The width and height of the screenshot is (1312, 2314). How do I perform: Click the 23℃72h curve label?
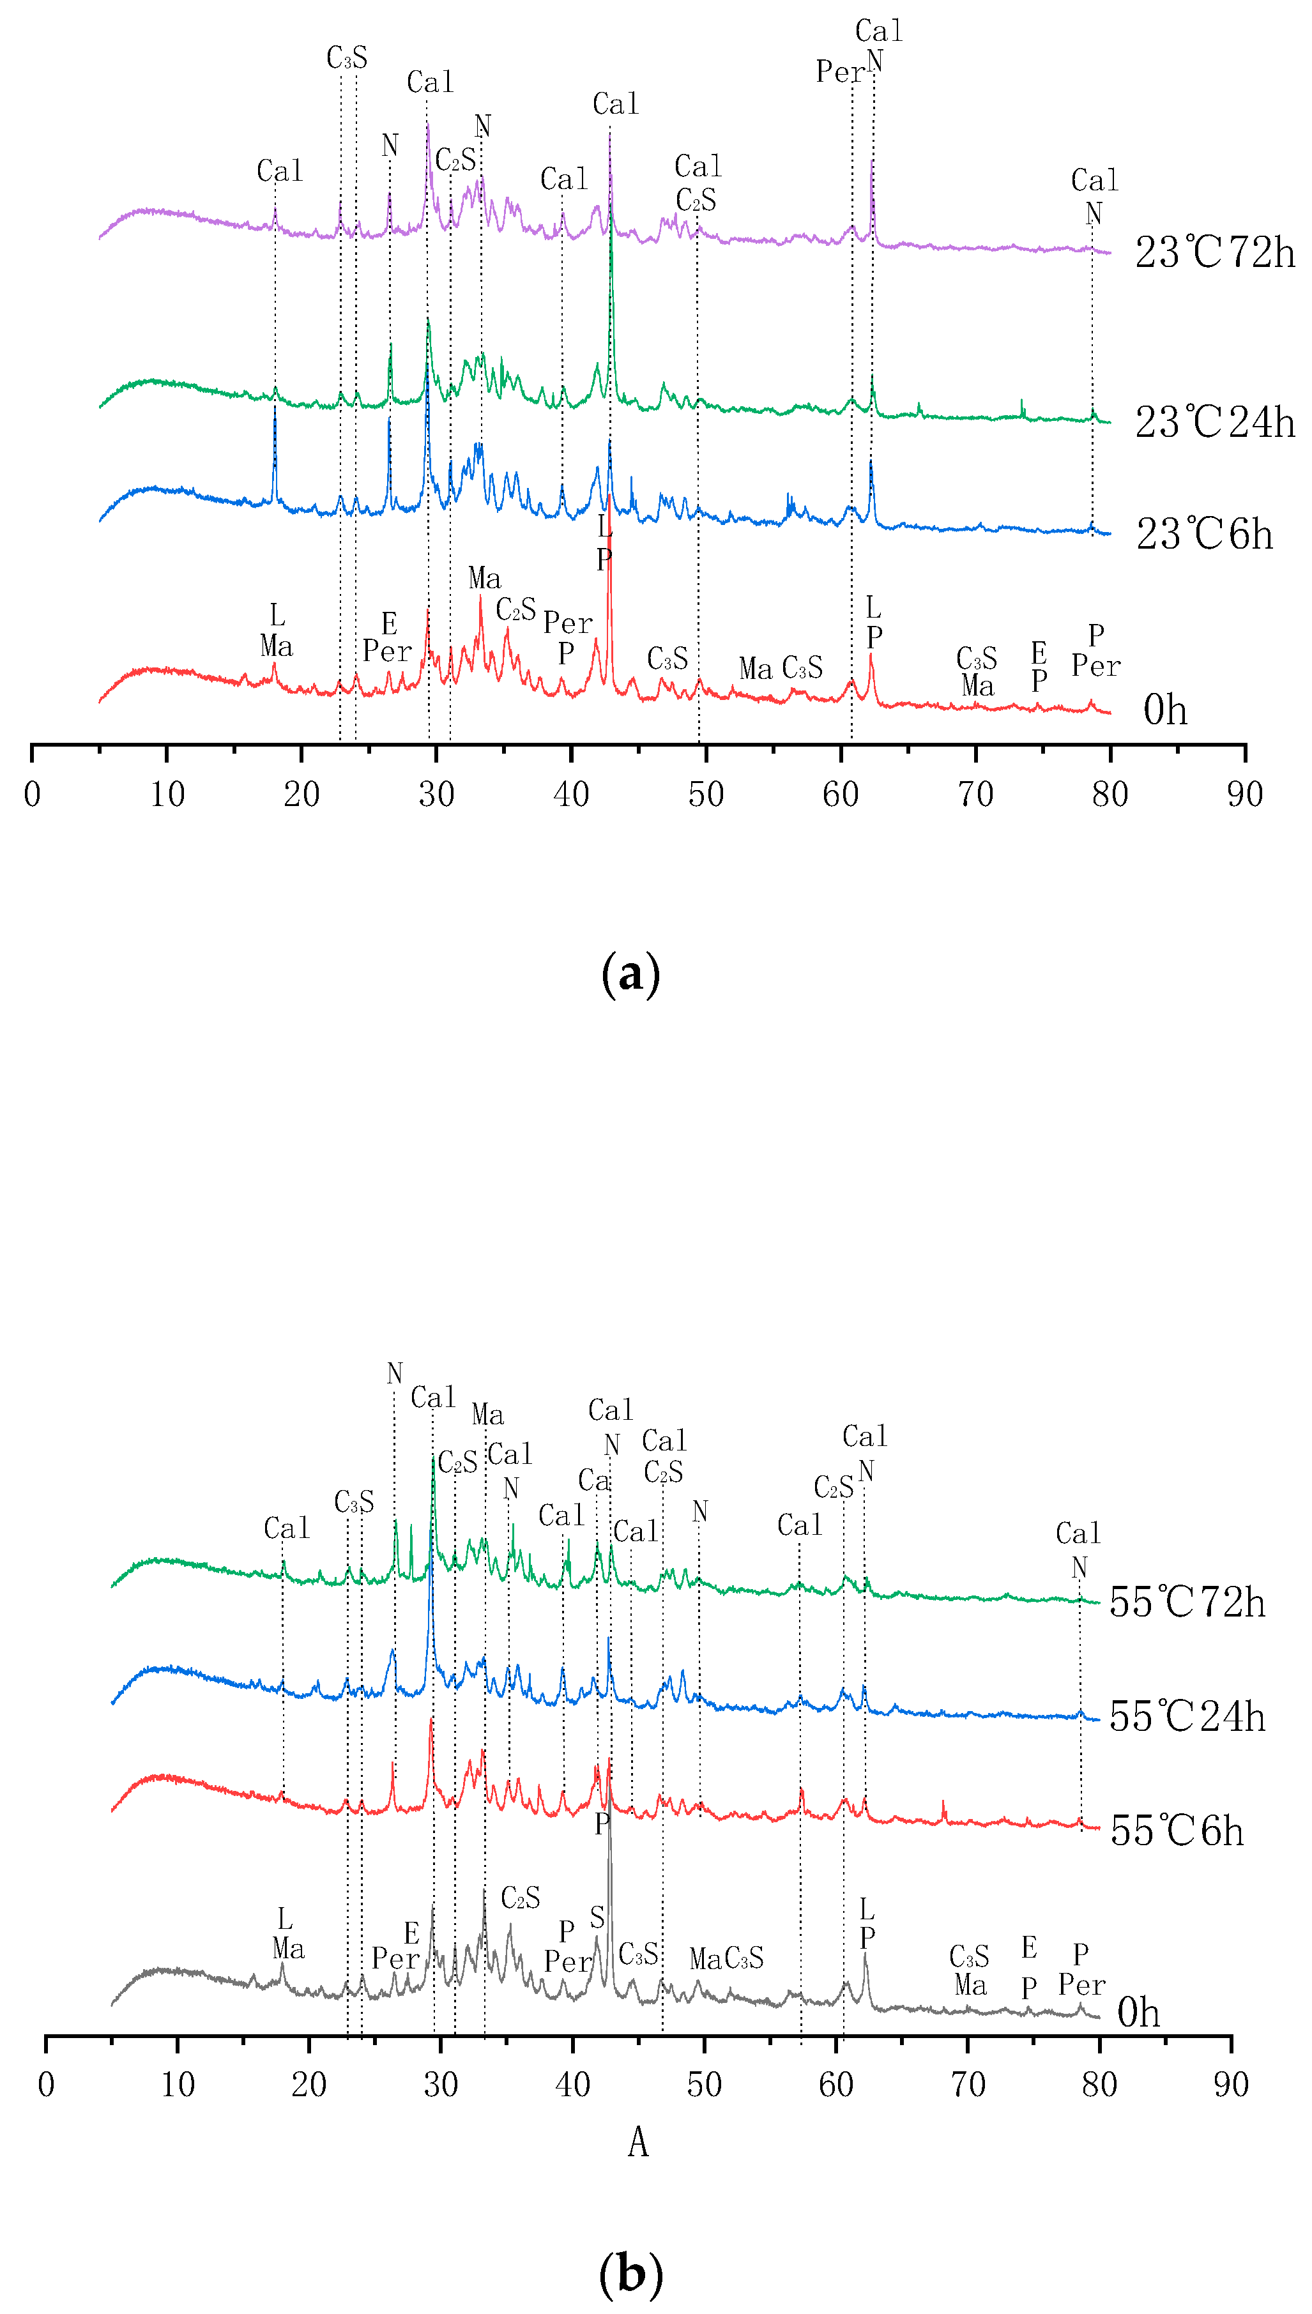(1214, 252)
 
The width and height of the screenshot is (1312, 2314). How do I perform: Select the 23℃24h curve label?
(1214, 422)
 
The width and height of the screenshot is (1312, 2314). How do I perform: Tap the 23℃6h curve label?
(1204, 534)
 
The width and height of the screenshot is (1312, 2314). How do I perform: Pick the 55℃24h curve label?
(1187, 1717)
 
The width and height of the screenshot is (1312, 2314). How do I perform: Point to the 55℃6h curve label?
(1176, 1831)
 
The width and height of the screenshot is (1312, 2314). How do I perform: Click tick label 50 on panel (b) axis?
(704, 2084)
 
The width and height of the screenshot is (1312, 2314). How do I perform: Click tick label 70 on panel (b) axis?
(968, 2084)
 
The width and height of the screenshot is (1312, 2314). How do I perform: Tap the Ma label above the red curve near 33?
(484, 578)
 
